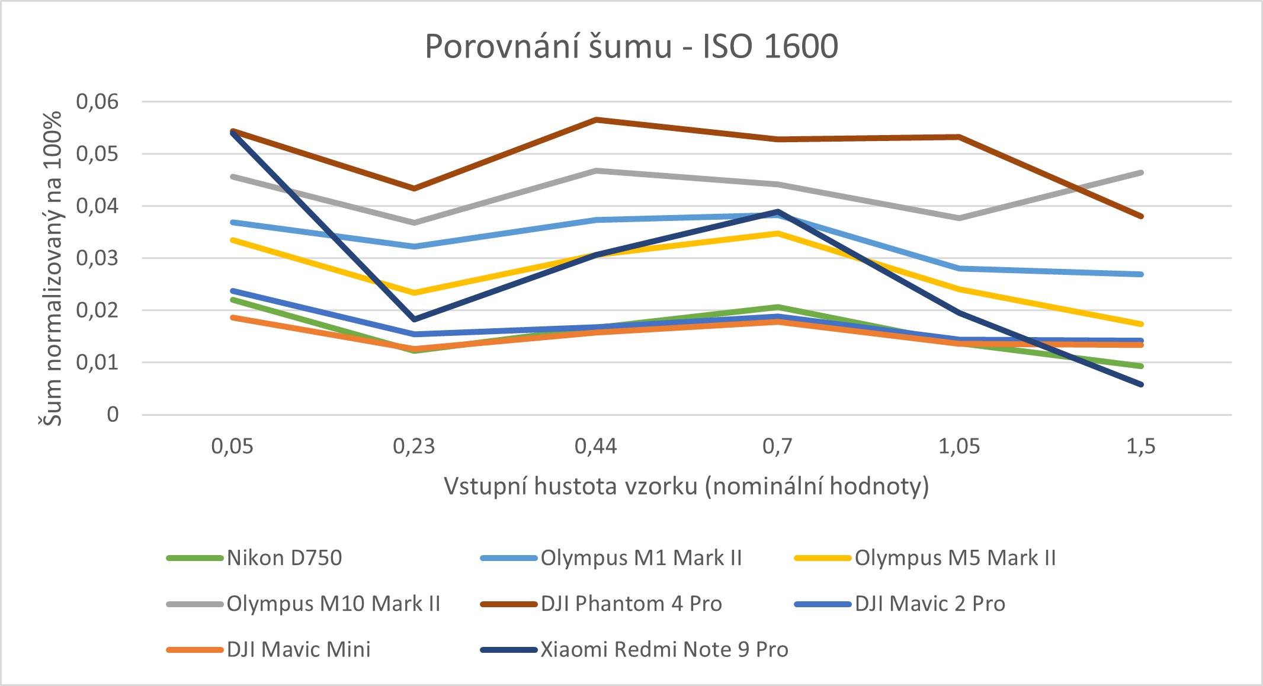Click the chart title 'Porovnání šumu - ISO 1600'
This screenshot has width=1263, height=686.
point(631,46)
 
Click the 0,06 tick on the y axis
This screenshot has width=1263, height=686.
point(97,102)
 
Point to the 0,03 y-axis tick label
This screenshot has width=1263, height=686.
point(97,258)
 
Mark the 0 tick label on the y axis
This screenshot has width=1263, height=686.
point(113,415)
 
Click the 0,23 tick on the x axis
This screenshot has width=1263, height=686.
point(414,446)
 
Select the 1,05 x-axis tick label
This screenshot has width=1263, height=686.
point(959,446)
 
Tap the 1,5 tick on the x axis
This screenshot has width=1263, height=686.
point(1141,446)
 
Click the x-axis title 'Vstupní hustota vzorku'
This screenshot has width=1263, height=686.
point(687,486)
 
